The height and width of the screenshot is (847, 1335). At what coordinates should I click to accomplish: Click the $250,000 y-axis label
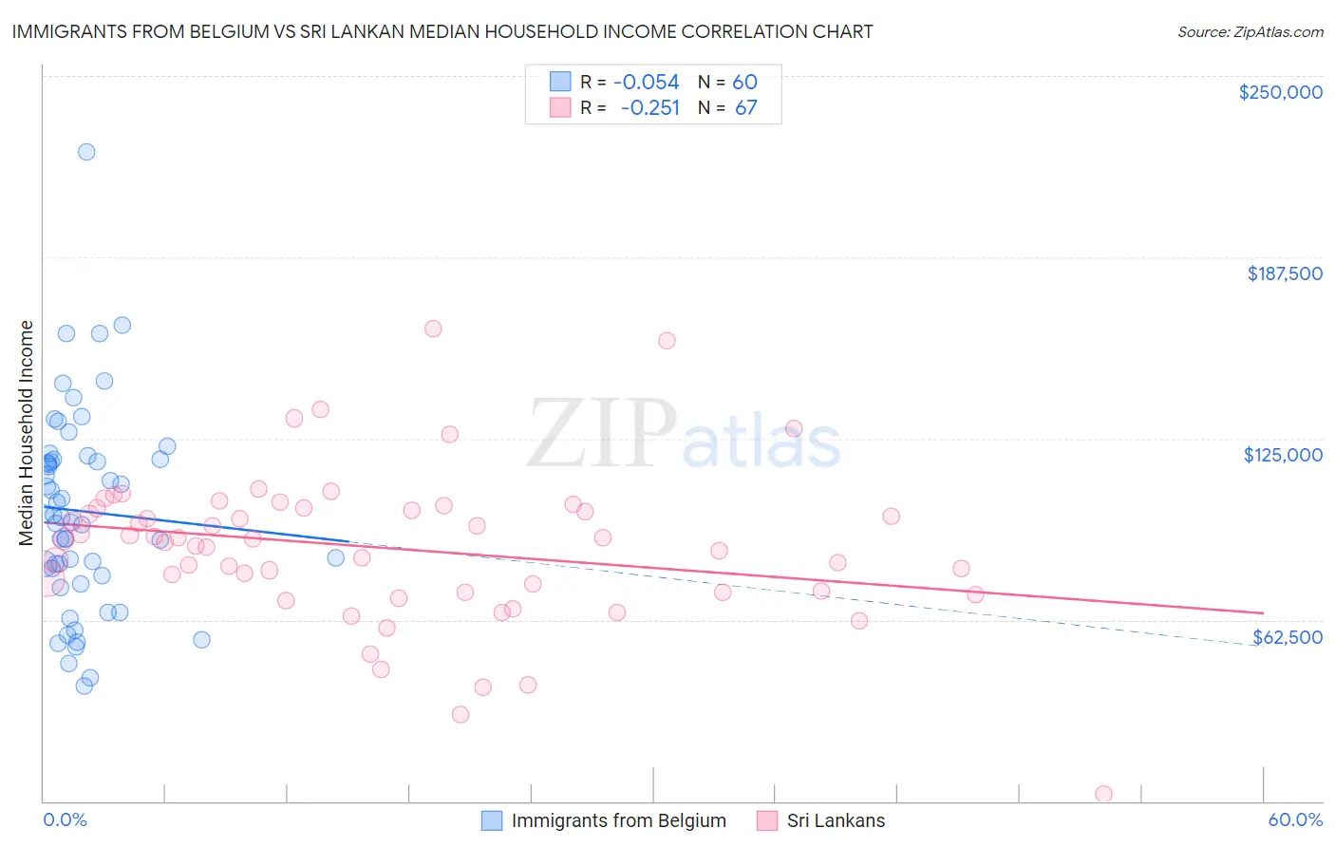point(1280,92)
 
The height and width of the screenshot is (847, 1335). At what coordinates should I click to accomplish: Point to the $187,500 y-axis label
point(1284,273)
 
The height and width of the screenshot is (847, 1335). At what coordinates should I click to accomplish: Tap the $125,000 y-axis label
point(1283,455)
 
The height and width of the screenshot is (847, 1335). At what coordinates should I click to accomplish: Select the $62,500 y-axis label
point(1287,637)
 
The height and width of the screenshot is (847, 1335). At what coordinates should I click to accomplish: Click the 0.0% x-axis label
point(65,820)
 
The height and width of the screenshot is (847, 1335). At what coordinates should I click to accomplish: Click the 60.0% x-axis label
point(1295,820)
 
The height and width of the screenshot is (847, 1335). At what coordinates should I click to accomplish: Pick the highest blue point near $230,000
point(86,152)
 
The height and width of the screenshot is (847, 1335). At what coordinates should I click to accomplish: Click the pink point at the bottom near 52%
point(1103,794)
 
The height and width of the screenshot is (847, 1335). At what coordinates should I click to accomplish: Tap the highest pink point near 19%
point(433,329)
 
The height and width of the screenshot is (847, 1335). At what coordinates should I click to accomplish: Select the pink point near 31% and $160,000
point(667,341)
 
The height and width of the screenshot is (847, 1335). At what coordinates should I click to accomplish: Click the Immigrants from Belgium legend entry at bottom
point(618,821)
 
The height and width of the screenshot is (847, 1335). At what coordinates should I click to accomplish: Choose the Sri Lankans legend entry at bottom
point(836,821)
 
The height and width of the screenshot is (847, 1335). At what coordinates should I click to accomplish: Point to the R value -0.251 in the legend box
point(650,108)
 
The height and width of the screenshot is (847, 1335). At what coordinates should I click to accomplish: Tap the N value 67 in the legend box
point(745,108)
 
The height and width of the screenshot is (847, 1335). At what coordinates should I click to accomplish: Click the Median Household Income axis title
point(27,433)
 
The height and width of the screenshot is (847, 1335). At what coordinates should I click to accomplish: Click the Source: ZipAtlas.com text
point(1250,32)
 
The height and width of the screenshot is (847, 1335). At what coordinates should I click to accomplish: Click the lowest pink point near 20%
point(461,714)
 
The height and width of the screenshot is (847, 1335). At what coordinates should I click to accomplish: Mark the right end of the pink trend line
point(1263,613)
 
